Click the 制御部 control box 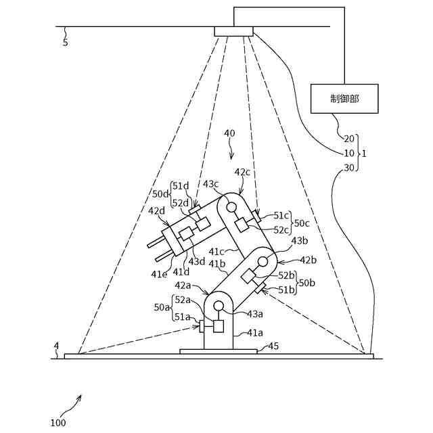pos(344,98)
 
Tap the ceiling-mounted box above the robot pos(234,31)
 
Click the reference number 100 pos(58,423)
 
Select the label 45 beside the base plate pos(273,346)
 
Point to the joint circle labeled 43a pos(219,306)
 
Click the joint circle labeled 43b pos(263,260)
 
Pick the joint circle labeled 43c pos(231,207)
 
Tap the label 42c pos(242,172)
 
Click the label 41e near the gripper pos(159,274)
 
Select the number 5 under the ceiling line pos(65,43)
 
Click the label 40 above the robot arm pos(230,133)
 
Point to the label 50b pos(306,282)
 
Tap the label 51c pos(281,216)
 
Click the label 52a pos(182,299)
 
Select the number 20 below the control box pos(349,139)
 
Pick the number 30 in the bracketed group pos(349,168)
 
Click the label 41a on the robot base pos(254,332)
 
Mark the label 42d pos(158,210)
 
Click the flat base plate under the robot pos(218,351)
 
